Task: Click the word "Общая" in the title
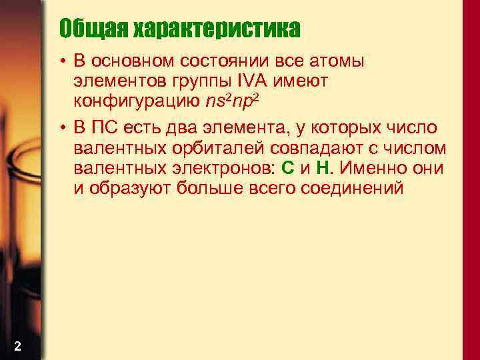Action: coord(93,29)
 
